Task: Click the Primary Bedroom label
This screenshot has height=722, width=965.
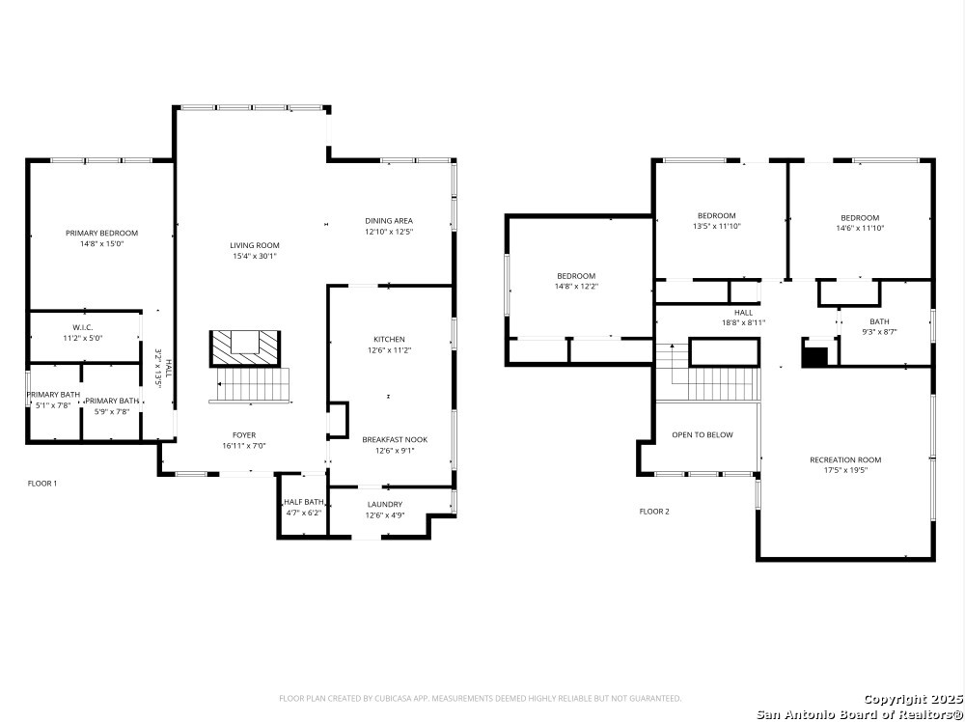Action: (102, 234)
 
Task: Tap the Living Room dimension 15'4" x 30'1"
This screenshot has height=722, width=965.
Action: (255, 256)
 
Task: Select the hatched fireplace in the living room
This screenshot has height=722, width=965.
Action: (245, 349)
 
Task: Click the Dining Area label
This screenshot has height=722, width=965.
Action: (389, 221)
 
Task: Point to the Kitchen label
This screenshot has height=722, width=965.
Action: (390, 339)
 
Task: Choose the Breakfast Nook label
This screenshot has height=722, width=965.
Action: (395, 439)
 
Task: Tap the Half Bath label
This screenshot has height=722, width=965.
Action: (303, 502)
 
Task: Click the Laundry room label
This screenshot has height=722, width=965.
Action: (385, 504)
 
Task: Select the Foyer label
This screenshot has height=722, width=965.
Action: (244, 435)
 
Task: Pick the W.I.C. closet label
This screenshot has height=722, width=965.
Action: (83, 327)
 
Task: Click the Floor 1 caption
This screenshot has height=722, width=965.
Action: (42, 484)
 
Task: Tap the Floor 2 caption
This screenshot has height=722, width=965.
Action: (654, 512)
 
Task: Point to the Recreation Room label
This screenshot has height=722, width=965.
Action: (845, 459)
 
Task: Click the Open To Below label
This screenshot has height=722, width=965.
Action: (703, 434)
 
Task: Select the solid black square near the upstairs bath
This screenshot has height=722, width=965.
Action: (817, 357)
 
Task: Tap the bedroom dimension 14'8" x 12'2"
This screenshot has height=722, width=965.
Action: (577, 287)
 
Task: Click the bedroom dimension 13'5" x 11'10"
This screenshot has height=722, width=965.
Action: (717, 226)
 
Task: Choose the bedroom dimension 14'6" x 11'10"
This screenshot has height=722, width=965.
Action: (861, 228)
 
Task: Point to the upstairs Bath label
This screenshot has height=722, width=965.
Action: (879, 321)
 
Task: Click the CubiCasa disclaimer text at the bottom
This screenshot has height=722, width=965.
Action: (481, 699)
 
